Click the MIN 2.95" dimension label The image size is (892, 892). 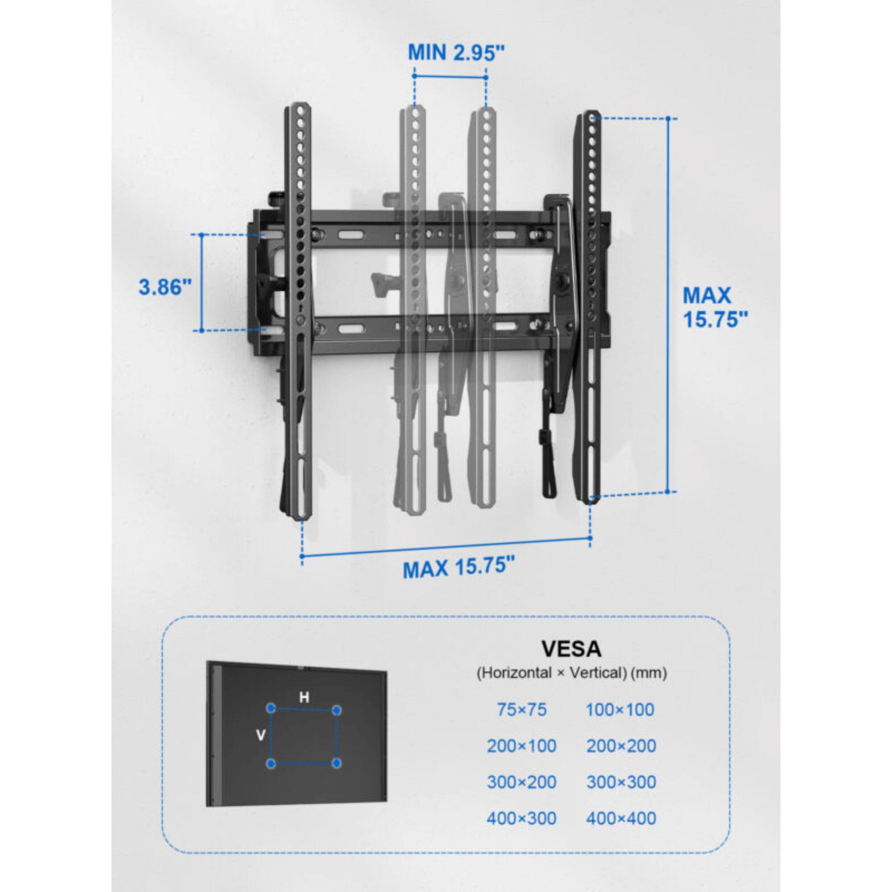click(456, 53)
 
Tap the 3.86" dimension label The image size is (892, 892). click(165, 287)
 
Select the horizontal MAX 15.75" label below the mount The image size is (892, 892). click(458, 567)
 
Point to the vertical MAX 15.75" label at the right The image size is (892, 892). click(714, 307)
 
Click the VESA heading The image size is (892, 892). click(572, 648)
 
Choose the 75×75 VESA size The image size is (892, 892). click(522, 710)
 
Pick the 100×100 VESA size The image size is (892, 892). click(620, 710)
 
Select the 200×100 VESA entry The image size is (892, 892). click(522, 746)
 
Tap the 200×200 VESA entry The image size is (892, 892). click(621, 746)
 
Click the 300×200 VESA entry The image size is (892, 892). click(522, 782)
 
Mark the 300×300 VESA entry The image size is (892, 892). click(621, 782)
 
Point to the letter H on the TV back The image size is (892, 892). click(304, 698)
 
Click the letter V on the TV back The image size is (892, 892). click(260, 735)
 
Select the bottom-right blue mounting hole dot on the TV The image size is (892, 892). click(338, 764)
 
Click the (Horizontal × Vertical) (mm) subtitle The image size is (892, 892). click(572, 673)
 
